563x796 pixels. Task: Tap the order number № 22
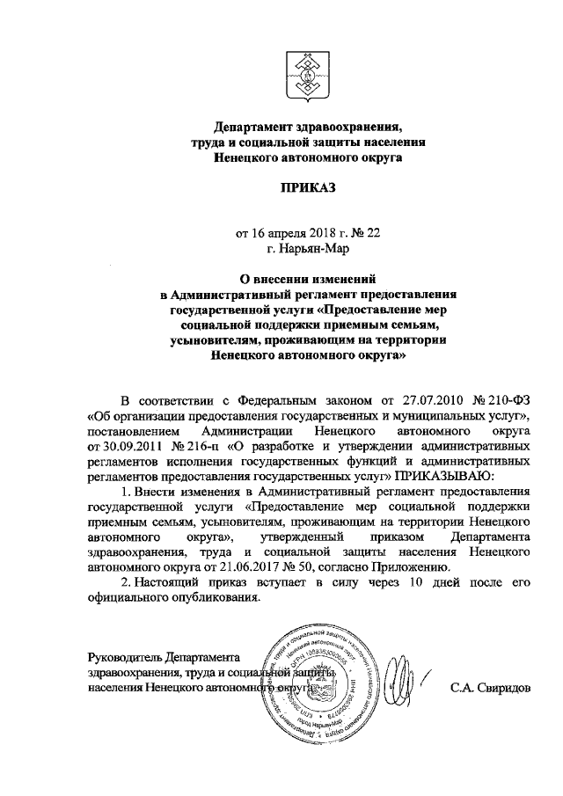(x=367, y=235)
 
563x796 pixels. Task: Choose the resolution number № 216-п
(x=179, y=445)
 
